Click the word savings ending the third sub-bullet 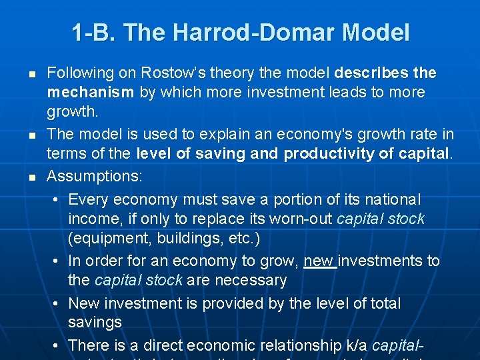(95, 323)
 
